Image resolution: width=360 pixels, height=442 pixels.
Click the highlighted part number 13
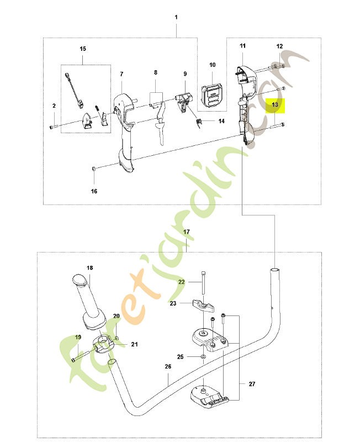pos(275,105)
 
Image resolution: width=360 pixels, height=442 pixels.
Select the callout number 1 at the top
pos(176,17)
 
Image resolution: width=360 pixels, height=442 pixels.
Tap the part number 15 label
pos(83,49)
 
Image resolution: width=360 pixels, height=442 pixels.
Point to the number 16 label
pos(94,191)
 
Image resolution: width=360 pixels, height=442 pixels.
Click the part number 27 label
pos(252,384)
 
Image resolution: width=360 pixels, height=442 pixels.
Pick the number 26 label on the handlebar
pos(168,366)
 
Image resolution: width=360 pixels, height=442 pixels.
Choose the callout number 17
pos(187,231)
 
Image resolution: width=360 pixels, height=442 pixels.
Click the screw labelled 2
pos(54,127)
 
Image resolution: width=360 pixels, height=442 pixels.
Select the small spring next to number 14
pos(199,123)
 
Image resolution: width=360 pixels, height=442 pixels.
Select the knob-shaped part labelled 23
pos(203,306)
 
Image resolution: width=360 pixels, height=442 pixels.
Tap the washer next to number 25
pos(203,357)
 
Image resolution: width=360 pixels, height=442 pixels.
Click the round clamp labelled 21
pos(103,344)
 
